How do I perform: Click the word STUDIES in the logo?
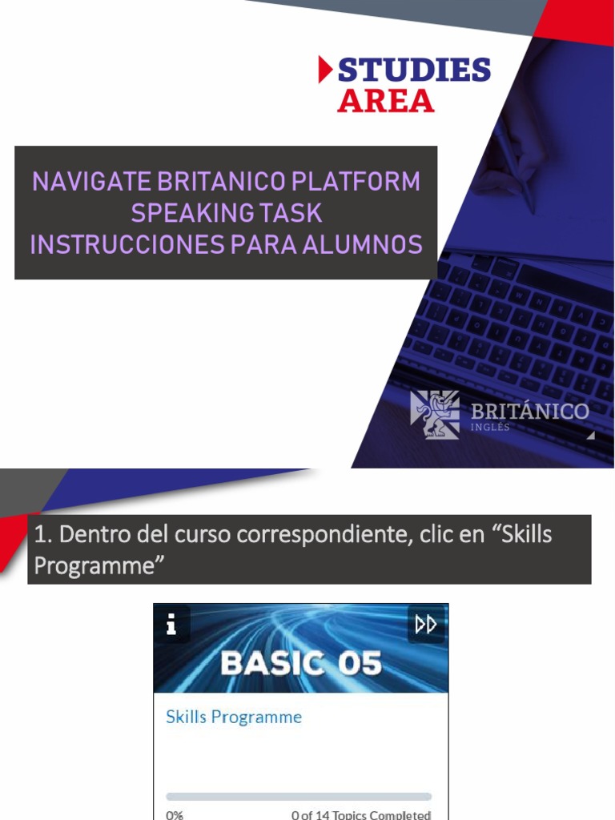tap(414, 70)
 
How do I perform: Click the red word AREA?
tap(385, 101)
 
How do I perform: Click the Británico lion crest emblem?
tap(435, 414)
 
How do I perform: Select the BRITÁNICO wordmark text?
tap(529, 412)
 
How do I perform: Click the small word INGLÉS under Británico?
tap(490, 428)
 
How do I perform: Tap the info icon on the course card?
tap(171, 625)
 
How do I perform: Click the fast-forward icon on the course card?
tap(426, 624)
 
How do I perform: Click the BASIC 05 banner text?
tap(300, 664)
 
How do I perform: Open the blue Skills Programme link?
tap(233, 717)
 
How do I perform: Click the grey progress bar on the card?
tap(299, 797)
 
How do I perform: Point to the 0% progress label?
tap(175, 814)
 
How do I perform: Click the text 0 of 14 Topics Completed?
tap(361, 814)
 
